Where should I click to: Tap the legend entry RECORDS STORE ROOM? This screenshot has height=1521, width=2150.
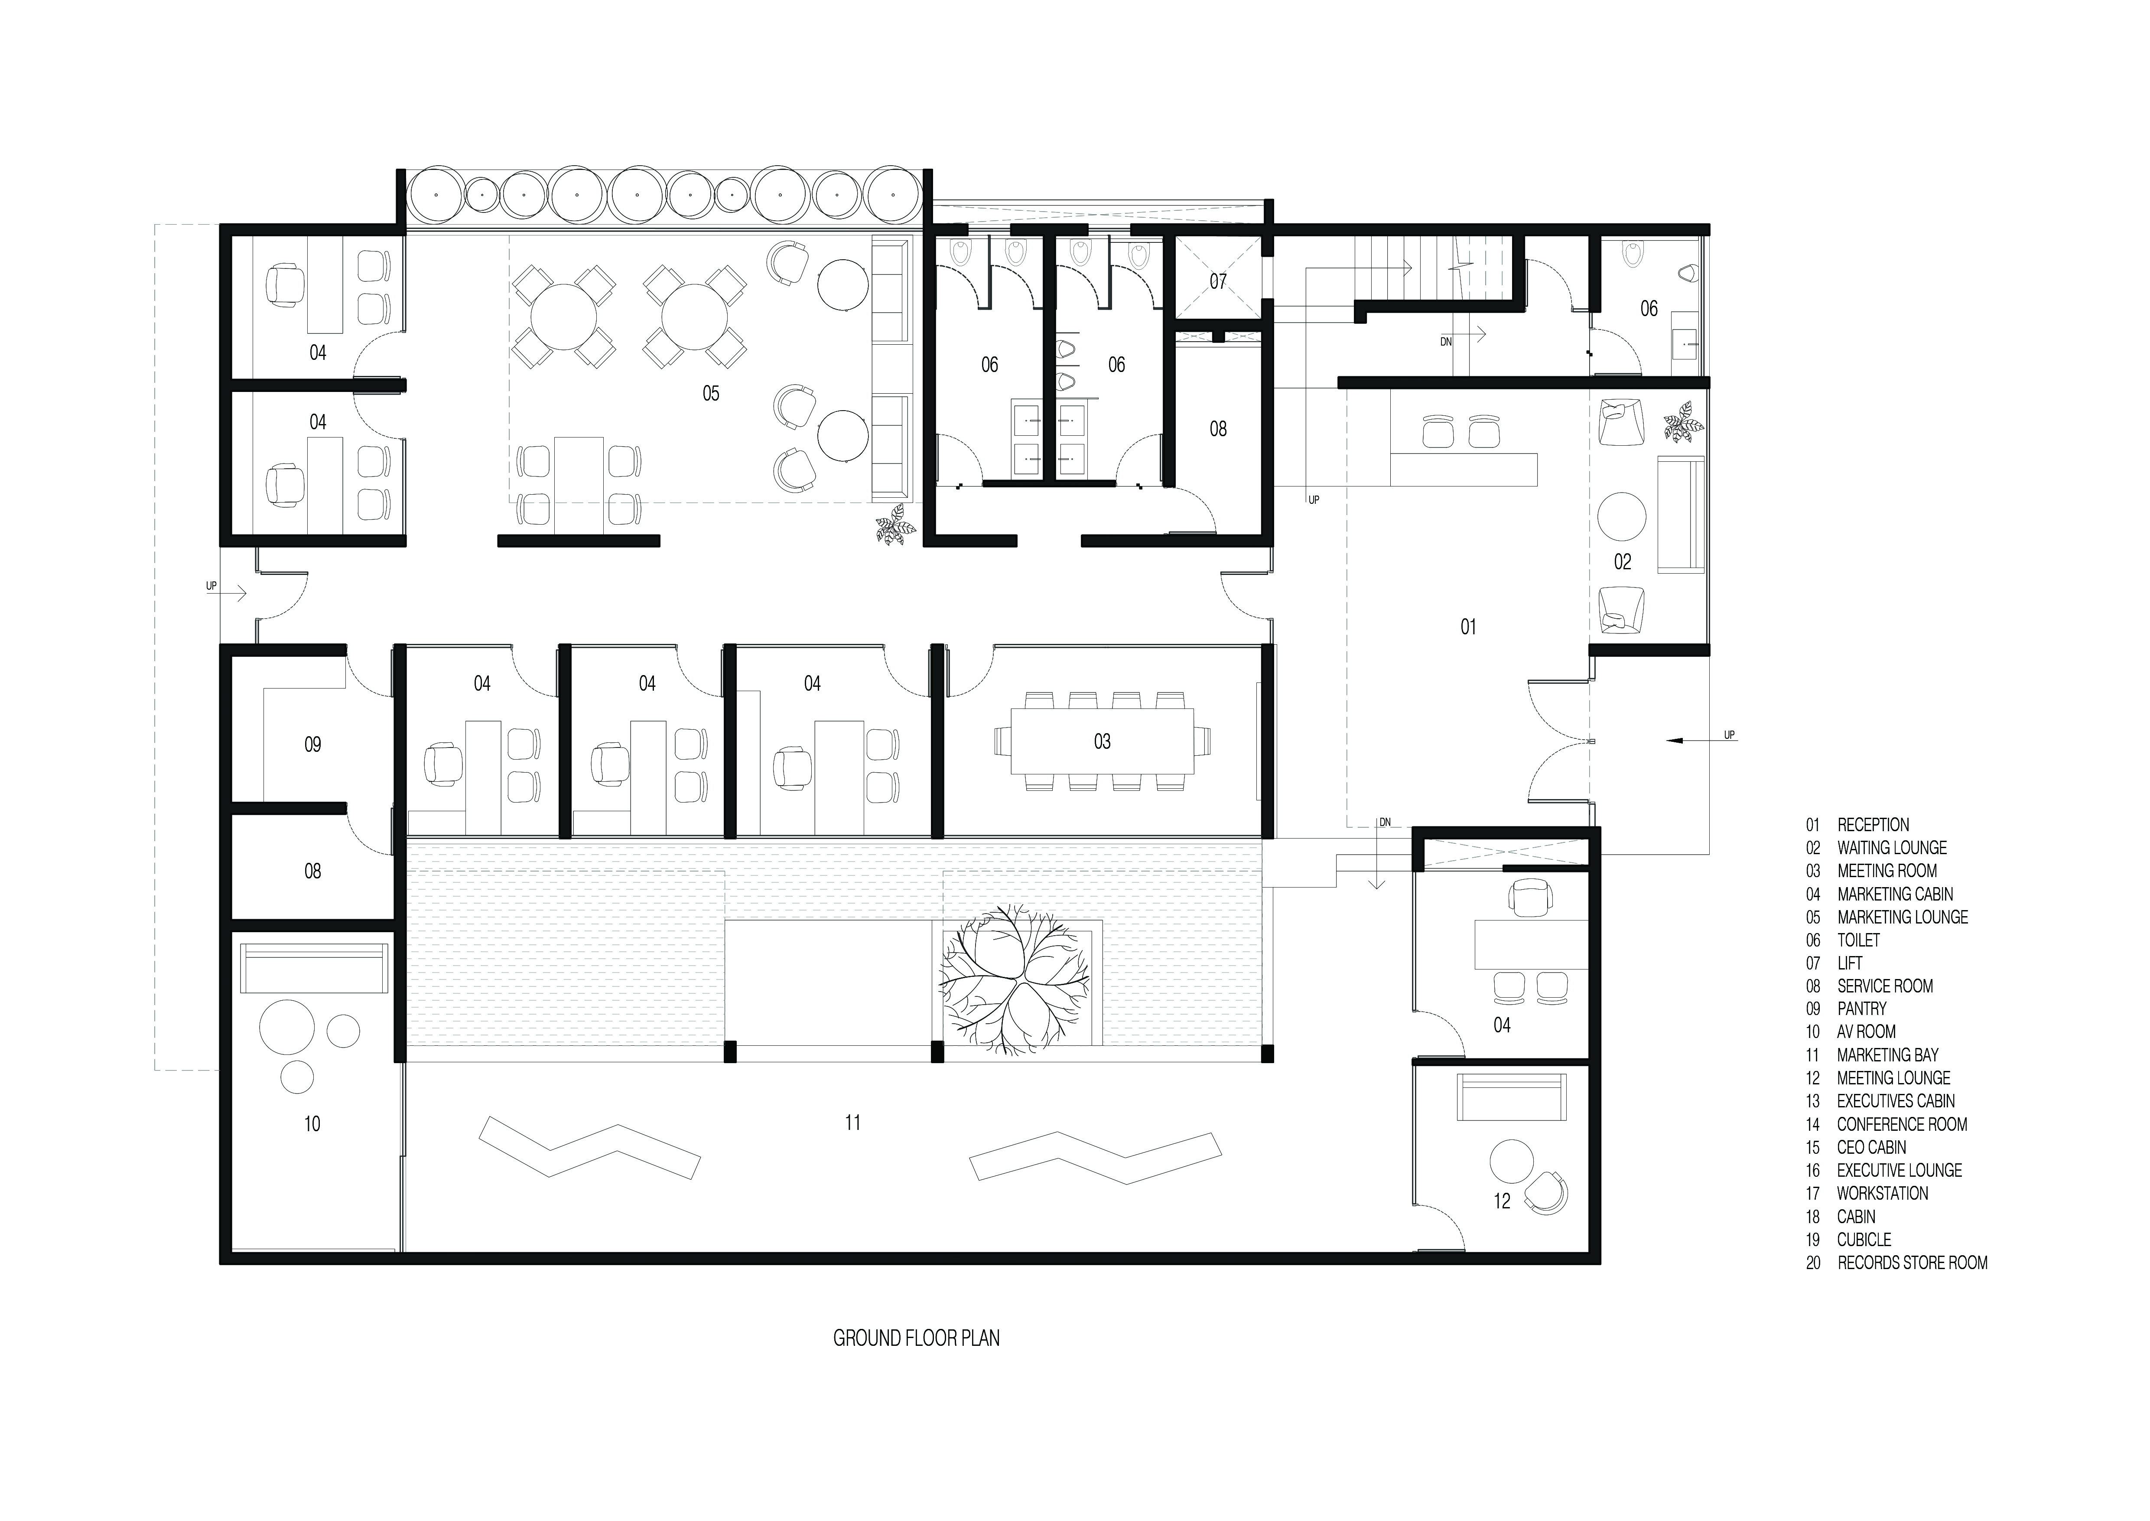coord(1911,1263)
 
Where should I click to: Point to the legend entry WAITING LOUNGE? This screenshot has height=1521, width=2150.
coord(1892,848)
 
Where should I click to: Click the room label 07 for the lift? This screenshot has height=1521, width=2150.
coord(1217,281)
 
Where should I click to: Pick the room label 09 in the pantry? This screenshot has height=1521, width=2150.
coord(313,744)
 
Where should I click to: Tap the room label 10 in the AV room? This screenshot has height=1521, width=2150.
coord(312,1124)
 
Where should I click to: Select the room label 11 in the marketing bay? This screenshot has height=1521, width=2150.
coord(852,1122)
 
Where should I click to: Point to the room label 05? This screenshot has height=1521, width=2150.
coord(711,393)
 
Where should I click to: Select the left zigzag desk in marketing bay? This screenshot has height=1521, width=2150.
coord(589,1150)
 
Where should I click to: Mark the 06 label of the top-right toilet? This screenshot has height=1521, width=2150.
coord(1648,308)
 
